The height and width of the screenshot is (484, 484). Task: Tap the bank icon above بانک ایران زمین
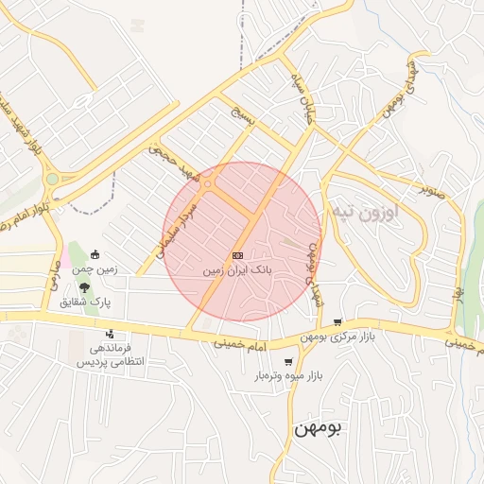(x=237, y=254)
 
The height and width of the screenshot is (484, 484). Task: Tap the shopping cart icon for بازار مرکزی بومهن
(x=337, y=322)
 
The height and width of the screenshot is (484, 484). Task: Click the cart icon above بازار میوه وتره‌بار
(x=287, y=361)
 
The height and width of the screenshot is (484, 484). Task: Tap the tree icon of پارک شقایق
(x=86, y=286)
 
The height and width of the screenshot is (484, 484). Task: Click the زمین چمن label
(x=95, y=269)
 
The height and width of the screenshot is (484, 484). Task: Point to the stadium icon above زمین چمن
(x=95, y=254)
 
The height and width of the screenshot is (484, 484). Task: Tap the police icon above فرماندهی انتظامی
(x=111, y=333)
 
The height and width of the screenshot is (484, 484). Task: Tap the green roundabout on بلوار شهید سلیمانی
(x=51, y=179)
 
